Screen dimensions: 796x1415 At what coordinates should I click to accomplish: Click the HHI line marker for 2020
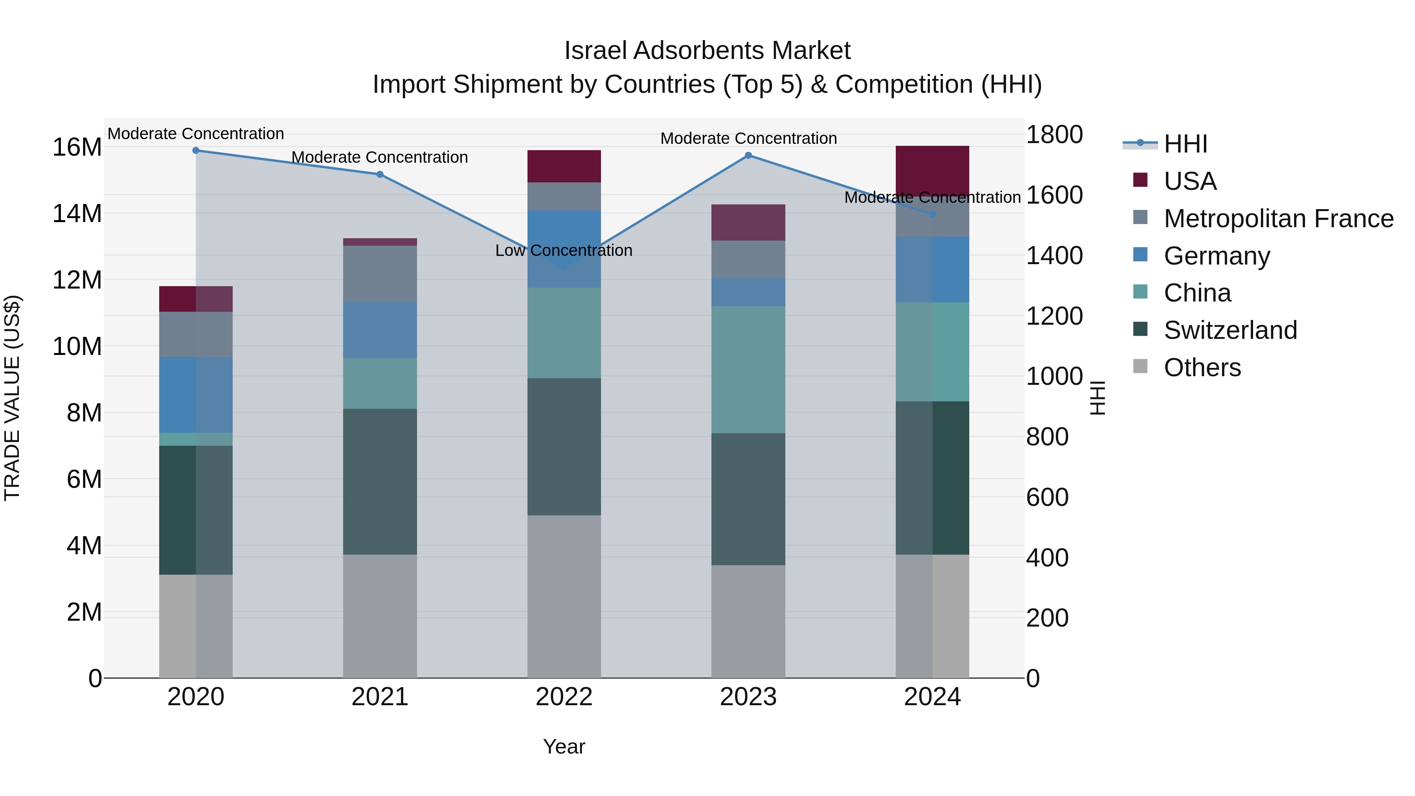click(x=196, y=151)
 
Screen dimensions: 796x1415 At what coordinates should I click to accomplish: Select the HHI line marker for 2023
click(x=748, y=155)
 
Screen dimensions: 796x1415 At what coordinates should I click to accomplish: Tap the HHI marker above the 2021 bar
click(x=380, y=175)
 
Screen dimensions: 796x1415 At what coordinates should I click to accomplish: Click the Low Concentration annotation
click(x=564, y=250)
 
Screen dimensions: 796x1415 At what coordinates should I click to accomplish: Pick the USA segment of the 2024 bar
click(x=932, y=167)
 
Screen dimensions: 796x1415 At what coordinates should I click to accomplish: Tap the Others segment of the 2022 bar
click(x=564, y=596)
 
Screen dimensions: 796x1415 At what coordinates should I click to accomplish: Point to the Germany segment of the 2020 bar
click(x=196, y=395)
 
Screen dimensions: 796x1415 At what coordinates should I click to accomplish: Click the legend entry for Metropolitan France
click(x=1278, y=219)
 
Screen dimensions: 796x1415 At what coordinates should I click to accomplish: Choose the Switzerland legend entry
click(x=1230, y=330)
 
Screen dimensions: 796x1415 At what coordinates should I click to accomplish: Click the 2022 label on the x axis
click(x=564, y=697)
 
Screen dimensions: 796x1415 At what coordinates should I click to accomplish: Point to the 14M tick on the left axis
click(x=77, y=214)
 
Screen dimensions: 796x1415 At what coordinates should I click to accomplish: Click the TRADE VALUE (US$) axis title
click(x=12, y=398)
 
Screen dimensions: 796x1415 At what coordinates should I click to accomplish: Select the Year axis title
click(x=564, y=746)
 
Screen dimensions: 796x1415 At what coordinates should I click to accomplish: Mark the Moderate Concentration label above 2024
click(x=932, y=197)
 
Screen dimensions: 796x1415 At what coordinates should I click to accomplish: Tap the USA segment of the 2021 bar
click(x=380, y=242)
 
